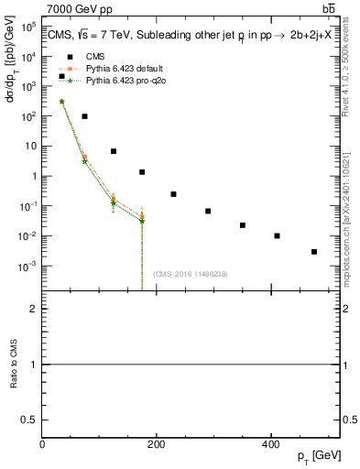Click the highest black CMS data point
(x=61, y=76)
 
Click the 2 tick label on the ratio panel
(x=33, y=309)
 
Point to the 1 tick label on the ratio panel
(x=33, y=365)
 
